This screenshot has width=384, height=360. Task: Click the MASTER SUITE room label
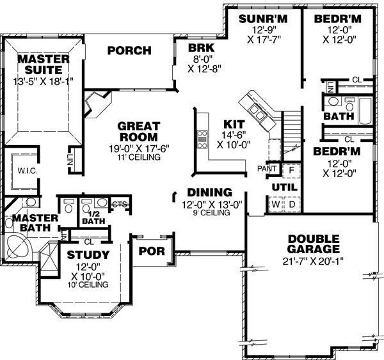pos(44,64)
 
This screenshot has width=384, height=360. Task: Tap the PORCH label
pos(129,51)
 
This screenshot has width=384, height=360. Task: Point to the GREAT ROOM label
pos(138,131)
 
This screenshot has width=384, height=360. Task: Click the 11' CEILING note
pos(138,157)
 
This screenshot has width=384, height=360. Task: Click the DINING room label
pos(209,192)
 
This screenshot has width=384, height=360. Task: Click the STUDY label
pos(88,256)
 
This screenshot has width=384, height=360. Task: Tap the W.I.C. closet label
pos(26,171)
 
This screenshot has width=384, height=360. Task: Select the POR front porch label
pos(152,251)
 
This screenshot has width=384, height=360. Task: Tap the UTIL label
pos(282,186)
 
